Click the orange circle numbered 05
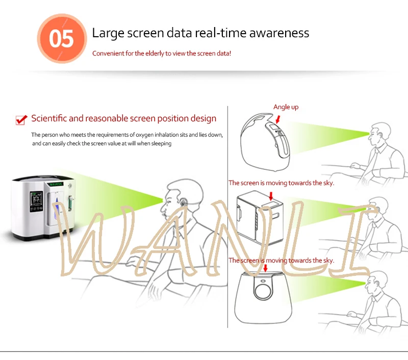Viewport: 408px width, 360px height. pyautogui.click(x=62, y=39)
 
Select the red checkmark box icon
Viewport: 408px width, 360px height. pyautogui.click(x=21, y=120)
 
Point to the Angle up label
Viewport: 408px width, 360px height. pyautogui.click(x=286, y=107)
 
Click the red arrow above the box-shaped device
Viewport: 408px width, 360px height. pyautogui.click(x=270, y=195)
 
